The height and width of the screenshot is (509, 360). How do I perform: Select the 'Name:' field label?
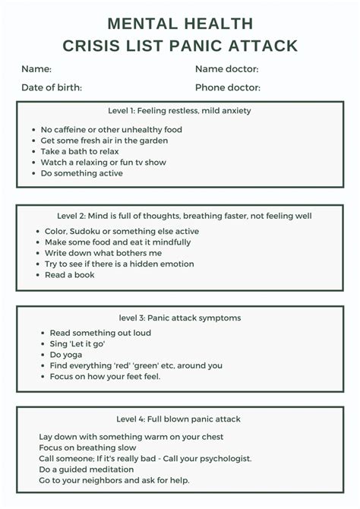click(x=36, y=69)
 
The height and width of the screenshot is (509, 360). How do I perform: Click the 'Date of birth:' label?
click(x=52, y=87)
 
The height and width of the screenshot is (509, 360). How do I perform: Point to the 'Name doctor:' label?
click(x=226, y=69)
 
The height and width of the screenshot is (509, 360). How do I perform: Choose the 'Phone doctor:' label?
click(x=228, y=87)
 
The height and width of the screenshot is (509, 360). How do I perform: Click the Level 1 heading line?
click(x=179, y=111)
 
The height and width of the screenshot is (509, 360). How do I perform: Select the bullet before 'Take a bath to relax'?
click(x=35, y=151)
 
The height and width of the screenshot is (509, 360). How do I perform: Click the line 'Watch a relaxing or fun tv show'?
click(x=103, y=162)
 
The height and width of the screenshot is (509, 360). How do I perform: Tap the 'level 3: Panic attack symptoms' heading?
click(x=179, y=318)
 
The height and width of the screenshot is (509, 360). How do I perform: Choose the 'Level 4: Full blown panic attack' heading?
click(x=179, y=419)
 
